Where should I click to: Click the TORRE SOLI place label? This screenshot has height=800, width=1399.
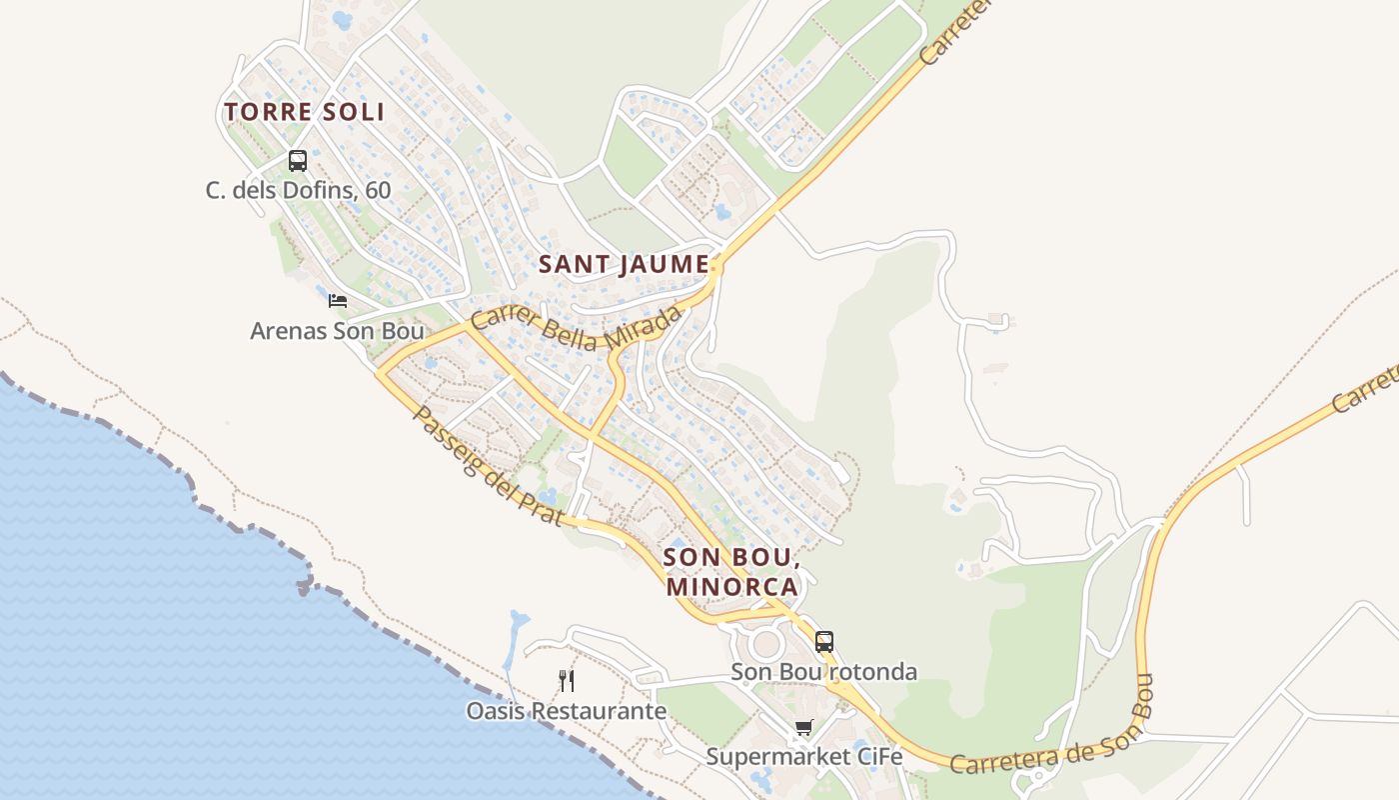(304, 112)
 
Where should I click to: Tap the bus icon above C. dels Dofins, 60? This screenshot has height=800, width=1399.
(297, 160)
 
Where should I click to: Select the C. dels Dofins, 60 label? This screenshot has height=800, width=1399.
(298, 190)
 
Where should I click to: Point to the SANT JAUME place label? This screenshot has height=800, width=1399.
(624, 265)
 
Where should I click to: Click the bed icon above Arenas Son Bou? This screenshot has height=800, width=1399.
(338, 300)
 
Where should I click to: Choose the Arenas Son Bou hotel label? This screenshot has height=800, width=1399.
(337, 330)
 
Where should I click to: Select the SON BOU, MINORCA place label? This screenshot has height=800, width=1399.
(731, 571)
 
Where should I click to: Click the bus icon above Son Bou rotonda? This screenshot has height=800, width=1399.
(823, 641)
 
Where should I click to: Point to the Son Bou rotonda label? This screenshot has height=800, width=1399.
(823, 671)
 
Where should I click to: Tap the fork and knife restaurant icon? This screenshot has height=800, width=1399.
(567, 681)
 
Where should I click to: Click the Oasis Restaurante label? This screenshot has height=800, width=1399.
(566, 711)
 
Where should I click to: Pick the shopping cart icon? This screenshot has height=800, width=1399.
(803, 727)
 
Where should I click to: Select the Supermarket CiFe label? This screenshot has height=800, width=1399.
(803, 757)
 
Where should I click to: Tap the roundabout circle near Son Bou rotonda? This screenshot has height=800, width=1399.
(766, 643)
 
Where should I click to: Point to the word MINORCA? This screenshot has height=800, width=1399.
(731, 586)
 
